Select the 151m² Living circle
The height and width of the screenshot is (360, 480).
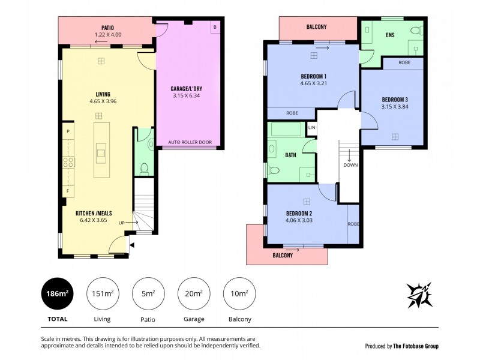click(x=101, y=293)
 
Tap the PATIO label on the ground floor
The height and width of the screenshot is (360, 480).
click(x=108, y=28)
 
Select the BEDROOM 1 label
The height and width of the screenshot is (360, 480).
click(x=313, y=76)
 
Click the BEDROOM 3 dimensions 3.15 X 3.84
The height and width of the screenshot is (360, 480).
click(x=394, y=107)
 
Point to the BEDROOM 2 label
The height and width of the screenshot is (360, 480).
click(x=299, y=213)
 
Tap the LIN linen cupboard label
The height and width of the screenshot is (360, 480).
click(x=311, y=128)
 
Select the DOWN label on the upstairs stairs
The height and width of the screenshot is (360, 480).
click(x=350, y=164)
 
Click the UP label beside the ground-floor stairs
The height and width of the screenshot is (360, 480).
click(x=122, y=223)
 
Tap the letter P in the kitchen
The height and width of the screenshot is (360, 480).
click(x=68, y=131)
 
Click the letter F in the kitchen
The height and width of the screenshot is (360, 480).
click(x=68, y=191)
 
